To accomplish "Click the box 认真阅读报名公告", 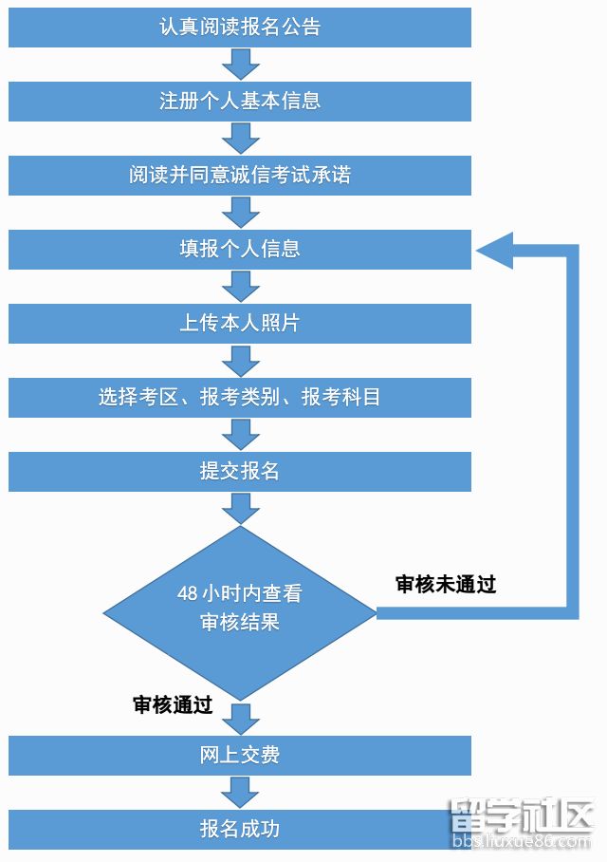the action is pyautogui.click(x=240, y=27).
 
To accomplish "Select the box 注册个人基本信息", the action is pyautogui.click(x=240, y=102).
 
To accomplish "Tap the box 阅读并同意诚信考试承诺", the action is pyautogui.click(x=240, y=176).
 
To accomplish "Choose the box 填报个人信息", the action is pyautogui.click(x=240, y=249).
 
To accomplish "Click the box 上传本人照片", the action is pyautogui.click(x=240, y=323).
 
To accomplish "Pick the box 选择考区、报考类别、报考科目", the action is pyautogui.click(x=240, y=397).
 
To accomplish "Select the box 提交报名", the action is pyautogui.click(x=240, y=471).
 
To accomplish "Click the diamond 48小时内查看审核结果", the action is pyautogui.click(x=240, y=613).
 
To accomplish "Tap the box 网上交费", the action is pyautogui.click(x=240, y=756).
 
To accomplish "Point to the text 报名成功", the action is pyautogui.click(x=240, y=829).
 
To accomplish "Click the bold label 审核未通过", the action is pyautogui.click(x=446, y=584).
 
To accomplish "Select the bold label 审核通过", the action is pyautogui.click(x=173, y=704).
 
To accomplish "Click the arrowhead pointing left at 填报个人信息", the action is pyautogui.click(x=494, y=250).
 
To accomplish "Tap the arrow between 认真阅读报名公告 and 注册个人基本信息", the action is pyautogui.click(x=241, y=65).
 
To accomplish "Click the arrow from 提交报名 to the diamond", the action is pyautogui.click(x=241, y=509).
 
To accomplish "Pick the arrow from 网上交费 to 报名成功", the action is pyautogui.click(x=241, y=792).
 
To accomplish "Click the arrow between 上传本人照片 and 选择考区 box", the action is pyautogui.click(x=241, y=361).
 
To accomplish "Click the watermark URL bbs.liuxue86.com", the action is pyautogui.click(x=522, y=841).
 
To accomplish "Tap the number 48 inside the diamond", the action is pyautogui.click(x=188, y=592).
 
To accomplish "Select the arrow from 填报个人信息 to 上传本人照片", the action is pyautogui.click(x=241, y=287).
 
